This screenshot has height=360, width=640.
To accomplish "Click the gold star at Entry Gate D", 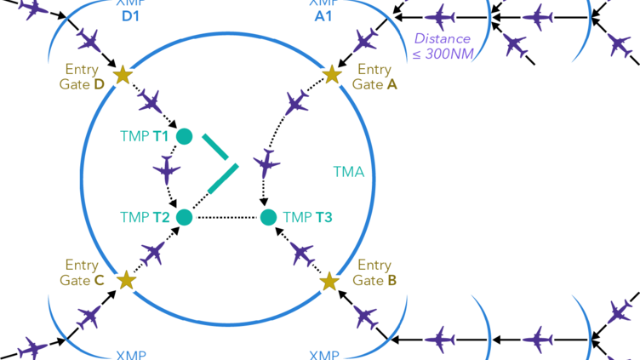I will (x=123, y=75).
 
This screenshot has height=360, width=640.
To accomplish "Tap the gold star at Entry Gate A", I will (x=332, y=75).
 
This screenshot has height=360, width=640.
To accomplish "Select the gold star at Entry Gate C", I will (x=126, y=279).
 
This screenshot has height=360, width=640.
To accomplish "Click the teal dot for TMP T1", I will (x=184, y=136).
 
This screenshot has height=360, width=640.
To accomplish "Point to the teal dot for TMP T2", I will (x=184, y=217).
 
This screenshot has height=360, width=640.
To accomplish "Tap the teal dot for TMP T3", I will (x=269, y=217).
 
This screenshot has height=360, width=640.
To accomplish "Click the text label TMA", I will (x=348, y=173).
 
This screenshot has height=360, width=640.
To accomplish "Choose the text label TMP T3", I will (x=307, y=218).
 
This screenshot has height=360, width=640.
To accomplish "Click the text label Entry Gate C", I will (x=83, y=272).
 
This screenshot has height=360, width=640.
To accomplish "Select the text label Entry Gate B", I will (x=375, y=272).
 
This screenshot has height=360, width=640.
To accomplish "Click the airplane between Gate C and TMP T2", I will (x=154, y=252).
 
